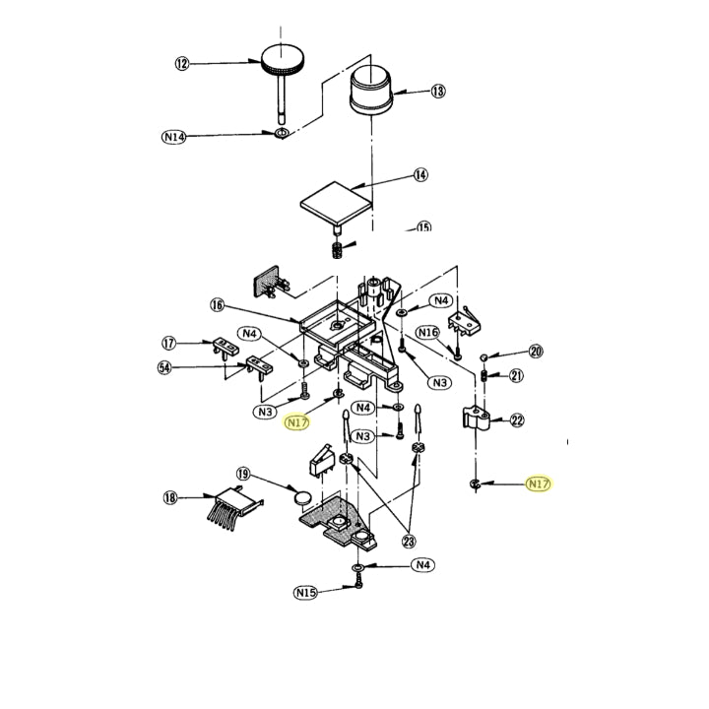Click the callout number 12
181,64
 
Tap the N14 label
173,137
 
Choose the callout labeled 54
164,367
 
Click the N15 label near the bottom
305,593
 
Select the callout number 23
408,540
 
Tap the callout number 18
169,498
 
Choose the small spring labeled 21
485,375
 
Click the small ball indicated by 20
485,355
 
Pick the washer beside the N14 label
282,133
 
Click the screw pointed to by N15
357,586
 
